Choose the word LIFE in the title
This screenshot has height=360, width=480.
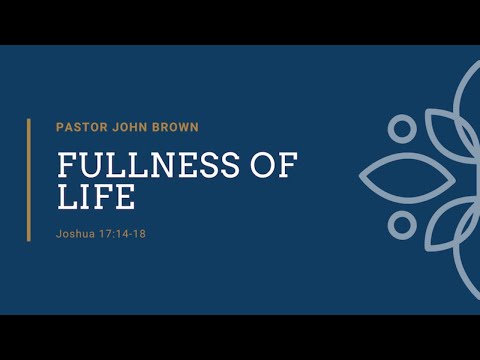coord(95,196)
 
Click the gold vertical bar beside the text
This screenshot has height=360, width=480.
coord(28,181)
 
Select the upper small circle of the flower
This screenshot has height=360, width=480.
coord(402,129)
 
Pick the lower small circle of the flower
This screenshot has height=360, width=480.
coord(402,223)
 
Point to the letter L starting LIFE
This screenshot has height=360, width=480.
coord(66,196)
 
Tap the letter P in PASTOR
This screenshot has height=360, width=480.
coord(61,126)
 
